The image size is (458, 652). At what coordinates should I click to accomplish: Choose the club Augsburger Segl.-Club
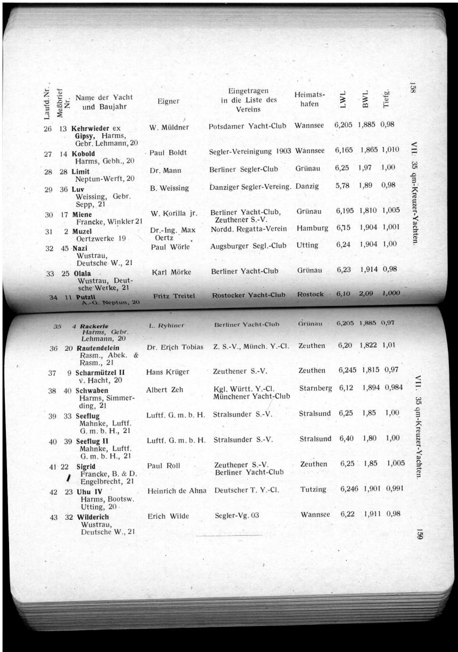click(x=248, y=246)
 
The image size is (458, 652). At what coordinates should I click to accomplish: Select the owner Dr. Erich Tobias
click(x=175, y=347)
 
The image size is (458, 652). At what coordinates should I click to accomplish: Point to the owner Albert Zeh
click(x=165, y=390)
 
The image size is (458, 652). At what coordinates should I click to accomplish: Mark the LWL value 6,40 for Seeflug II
click(x=346, y=439)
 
